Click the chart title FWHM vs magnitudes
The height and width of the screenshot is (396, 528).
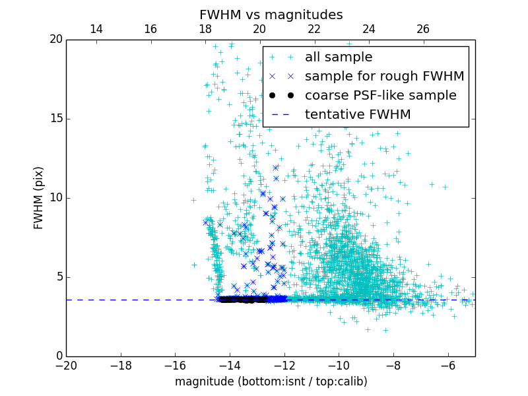271,15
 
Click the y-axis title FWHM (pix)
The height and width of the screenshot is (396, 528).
39,197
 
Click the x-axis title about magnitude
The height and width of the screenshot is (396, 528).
271,381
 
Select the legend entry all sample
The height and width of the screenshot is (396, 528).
339,57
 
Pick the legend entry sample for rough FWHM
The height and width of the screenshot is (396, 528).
384,77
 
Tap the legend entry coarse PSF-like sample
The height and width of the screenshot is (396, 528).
380,96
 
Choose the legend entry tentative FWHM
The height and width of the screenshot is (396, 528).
358,115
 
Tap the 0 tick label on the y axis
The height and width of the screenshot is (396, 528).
59,356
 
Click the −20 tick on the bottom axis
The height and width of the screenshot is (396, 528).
66,365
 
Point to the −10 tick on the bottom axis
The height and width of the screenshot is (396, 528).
339,365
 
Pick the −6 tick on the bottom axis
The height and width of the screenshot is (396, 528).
447,365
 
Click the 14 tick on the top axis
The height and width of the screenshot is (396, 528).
96,29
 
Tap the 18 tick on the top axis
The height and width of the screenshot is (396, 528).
205,29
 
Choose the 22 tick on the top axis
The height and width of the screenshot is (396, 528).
314,29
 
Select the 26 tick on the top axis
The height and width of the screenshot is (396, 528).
423,29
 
